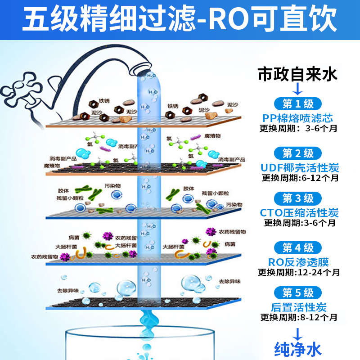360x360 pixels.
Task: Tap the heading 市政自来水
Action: coord(297,74)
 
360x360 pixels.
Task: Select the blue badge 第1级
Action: coord(298,104)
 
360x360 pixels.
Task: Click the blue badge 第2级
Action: coord(298,153)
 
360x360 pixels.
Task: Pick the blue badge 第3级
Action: coord(298,198)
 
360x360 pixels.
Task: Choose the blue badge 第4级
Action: coord(298,247)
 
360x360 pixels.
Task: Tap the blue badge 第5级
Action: coord(298,293)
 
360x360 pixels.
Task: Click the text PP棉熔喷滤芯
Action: coord(298,118)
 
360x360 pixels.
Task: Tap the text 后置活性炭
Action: coord(299,308)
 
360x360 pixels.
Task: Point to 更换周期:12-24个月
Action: coord(299,272)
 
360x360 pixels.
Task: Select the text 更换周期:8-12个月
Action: coord(299,318)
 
